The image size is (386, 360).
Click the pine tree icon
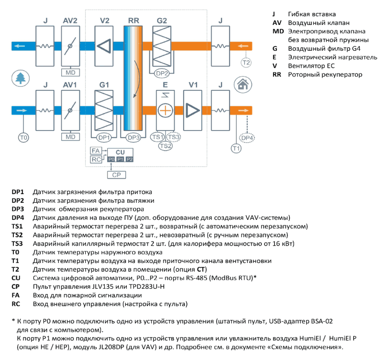coord(21,78)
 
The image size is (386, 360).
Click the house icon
coord(243,85)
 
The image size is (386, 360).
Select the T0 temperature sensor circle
coord(23,137)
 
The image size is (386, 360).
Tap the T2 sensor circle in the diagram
coord(246,63)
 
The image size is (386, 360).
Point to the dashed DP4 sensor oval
coord(247,138)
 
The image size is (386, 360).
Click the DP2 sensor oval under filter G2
coord(162,73)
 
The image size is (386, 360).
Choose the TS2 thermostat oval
coord(165,146)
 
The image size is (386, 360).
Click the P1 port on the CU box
coord(121,160)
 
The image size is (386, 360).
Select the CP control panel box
coord(116,175)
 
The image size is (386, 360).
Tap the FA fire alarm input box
coord(96,151)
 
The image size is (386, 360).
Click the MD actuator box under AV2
coord(70,73)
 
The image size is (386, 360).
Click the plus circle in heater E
coord(165,110)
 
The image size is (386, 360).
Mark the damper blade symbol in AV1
coord(70,110)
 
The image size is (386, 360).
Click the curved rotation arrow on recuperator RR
coord(137,79)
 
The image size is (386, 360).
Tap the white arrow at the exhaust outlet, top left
coord(20,46)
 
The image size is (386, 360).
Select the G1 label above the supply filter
coord(104,85)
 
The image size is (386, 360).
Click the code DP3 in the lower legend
coord(18,209)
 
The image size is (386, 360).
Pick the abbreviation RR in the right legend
coord(276,75)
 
